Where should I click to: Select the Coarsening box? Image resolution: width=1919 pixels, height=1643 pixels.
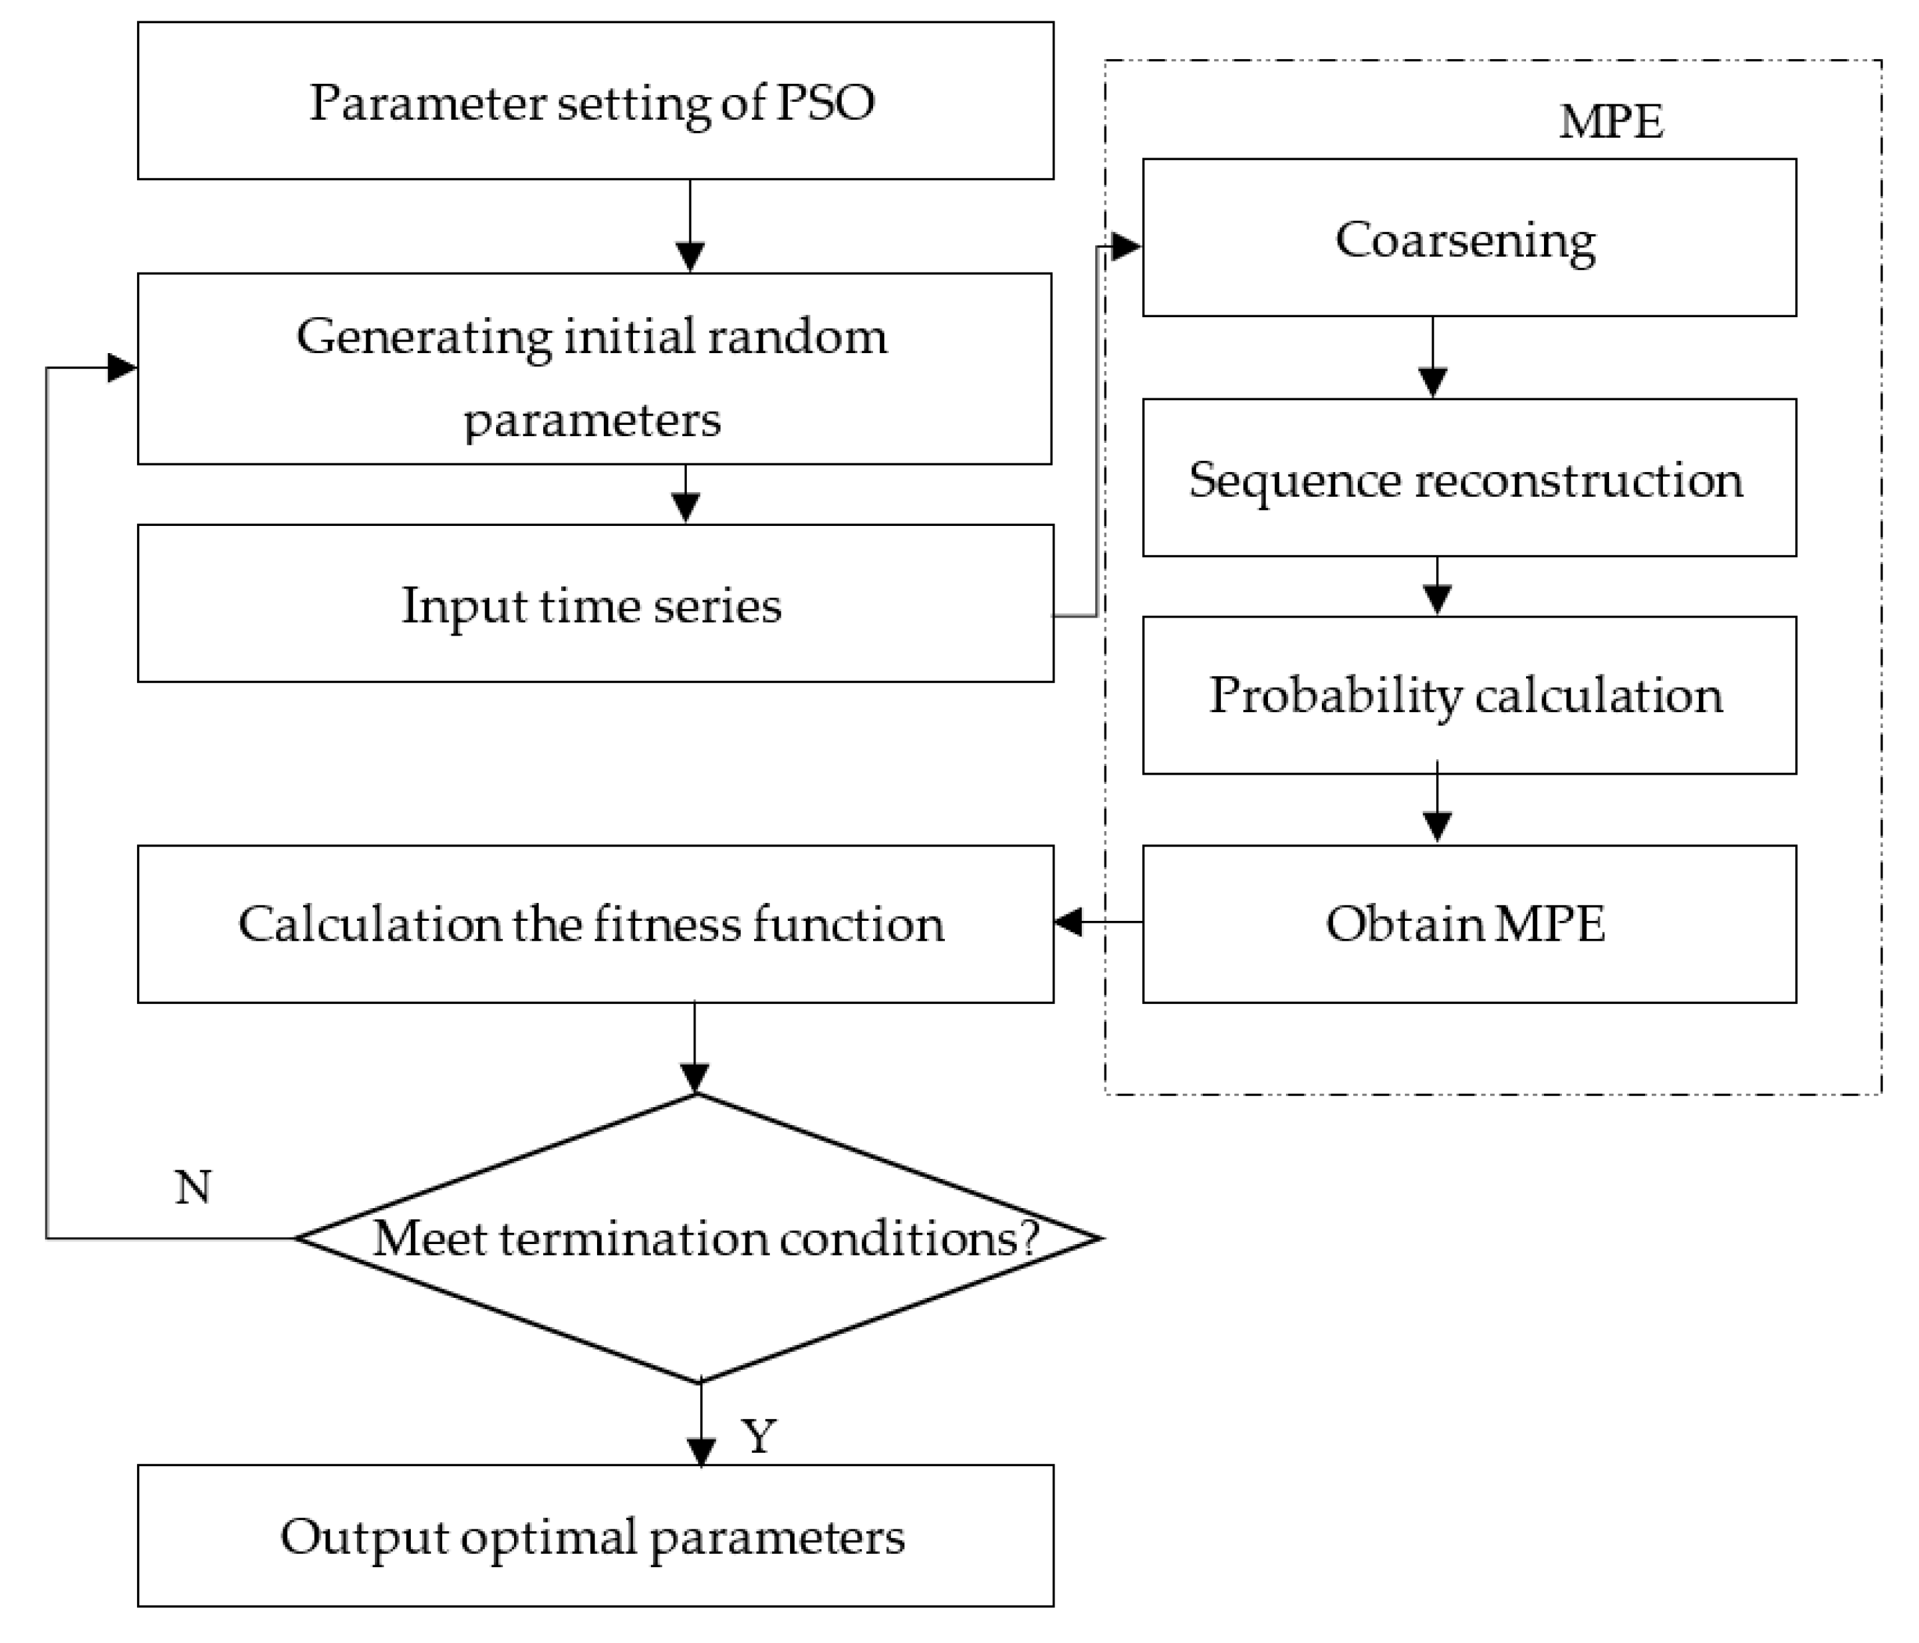pyautogui.click(x=1469, y=238)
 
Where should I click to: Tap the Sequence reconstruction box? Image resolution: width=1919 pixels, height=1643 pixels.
pyautogui.click(x=1469, y=479)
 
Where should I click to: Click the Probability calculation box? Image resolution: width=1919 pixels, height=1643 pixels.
pyautogui.click(x=1469, y=695)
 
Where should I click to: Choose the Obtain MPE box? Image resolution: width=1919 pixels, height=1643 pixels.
pyautogui.click(x=1469, y=924)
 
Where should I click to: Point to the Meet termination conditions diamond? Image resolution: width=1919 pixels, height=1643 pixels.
pyautogui.click(x=700, y=1238)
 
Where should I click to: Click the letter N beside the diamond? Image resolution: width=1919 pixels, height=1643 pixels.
pyautogui.click(x=193, y=1188)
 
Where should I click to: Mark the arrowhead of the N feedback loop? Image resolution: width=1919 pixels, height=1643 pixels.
pyautogui.click(x=122, y=368)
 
